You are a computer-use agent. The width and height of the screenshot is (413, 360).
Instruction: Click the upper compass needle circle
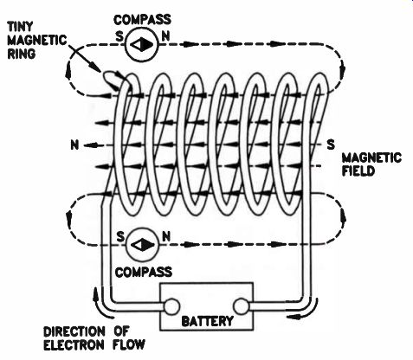click(x=142, y=44)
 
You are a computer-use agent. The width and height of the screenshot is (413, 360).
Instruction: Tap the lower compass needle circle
click(x=143, y=245)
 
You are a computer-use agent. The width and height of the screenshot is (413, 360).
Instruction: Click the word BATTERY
click(x=208, y=321)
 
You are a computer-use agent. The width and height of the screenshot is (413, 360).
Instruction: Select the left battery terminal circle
click(x=171, y=306)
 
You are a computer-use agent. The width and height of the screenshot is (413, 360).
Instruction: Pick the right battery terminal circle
click(x=242, y=306)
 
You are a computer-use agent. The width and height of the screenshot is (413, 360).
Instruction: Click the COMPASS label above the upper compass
click(x=142, y=20)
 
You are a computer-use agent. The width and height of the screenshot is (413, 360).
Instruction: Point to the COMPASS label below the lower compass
click(x=144, y=272)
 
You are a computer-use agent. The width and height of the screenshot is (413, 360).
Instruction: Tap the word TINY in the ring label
click(x=20, y=27)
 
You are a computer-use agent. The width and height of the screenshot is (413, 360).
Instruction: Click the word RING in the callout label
click(x=21, y=54)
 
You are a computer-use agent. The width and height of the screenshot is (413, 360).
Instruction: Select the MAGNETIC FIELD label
click(x=371, y=164)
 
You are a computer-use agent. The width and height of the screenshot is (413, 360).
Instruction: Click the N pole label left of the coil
click(x=74, y=145)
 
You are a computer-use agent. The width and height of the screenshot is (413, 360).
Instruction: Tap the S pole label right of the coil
click(x=331, y=145)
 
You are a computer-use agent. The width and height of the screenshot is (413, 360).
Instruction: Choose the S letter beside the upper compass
click(x=119, y=36)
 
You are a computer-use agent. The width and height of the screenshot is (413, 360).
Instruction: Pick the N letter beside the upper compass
click(x=165, y=36)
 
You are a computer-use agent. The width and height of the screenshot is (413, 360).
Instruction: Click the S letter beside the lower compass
click(x=120, y=237)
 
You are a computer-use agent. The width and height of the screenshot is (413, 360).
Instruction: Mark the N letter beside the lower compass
click(x=166, y=237)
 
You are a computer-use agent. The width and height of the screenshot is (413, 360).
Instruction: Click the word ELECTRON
click(x=74, y=344)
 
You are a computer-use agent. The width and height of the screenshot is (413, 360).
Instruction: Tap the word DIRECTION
click(x=74, y=331)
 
